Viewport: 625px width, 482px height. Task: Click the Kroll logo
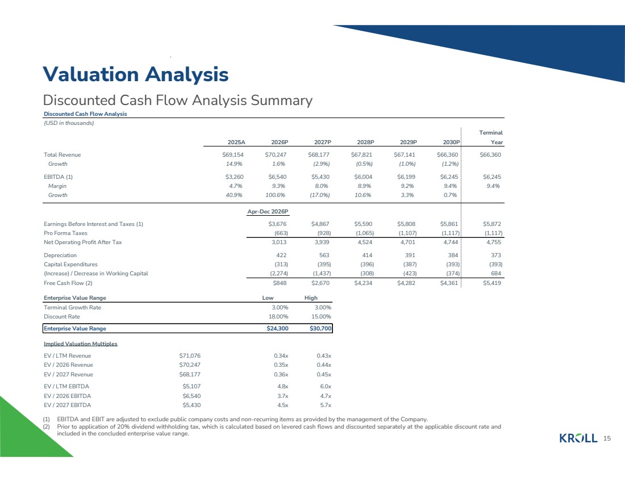578,438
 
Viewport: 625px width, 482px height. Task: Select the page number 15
607,438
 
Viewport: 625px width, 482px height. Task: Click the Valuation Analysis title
136,74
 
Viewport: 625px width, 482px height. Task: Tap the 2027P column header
323,142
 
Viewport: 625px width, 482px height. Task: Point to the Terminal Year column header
491,137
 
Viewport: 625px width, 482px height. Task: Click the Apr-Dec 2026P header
268,212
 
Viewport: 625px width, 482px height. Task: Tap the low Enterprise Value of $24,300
277,329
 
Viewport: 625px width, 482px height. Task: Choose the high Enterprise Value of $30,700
320,329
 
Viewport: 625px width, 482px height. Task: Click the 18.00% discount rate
278,317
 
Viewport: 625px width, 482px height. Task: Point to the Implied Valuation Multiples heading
81,344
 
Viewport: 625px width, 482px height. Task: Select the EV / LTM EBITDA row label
66,387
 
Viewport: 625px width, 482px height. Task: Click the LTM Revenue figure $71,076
190,356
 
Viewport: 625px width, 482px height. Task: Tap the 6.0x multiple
326,387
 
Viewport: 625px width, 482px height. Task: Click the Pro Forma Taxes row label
65,233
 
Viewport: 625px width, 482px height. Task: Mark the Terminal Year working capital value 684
496,273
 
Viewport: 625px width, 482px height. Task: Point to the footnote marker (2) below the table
46,426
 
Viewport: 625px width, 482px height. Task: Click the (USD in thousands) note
69,123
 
